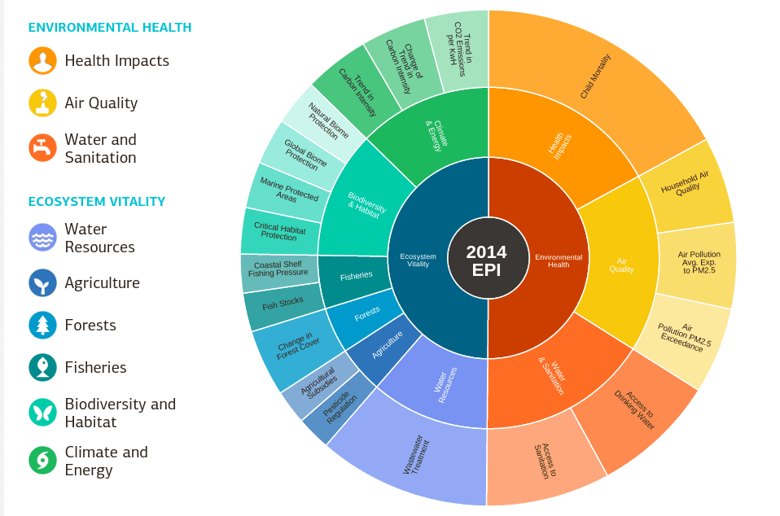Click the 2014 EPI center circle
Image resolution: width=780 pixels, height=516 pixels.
(x=487, y=259)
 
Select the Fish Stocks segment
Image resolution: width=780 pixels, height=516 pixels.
(x=282, y=304)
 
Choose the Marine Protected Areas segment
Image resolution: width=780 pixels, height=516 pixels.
(x=286, y=191)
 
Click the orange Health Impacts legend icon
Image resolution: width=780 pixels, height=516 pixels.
(x=42, y=61)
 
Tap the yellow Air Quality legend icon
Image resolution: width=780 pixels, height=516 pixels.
(x=42, y=103)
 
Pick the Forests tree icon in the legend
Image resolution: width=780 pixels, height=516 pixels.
(x=42, y=325)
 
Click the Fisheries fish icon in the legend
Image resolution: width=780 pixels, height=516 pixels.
(x=42, y=367)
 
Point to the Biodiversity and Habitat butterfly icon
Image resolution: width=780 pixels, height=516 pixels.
(x=42, y=413)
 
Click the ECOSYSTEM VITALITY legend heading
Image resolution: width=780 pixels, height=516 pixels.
(x=97, y=201)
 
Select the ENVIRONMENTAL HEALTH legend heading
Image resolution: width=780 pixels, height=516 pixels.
(x=110, y=28)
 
